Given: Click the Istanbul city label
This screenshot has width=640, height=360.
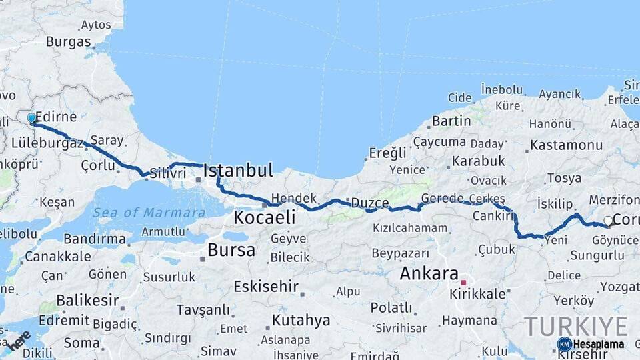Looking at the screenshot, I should coord(238,171).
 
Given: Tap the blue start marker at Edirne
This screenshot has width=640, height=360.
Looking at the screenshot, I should coord(31,119).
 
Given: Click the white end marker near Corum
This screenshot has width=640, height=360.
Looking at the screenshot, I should coord(608,221).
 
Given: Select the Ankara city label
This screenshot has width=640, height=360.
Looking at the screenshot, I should coord(429,273).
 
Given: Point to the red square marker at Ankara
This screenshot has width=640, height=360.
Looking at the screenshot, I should coord(463,283).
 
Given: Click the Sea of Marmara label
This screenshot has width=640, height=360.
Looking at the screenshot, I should coord(149,213).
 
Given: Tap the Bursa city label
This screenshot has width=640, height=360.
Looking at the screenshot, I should coord(231,251).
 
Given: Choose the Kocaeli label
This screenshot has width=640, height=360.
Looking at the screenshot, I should coord(265,218).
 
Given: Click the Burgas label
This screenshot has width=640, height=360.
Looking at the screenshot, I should coord(68,42).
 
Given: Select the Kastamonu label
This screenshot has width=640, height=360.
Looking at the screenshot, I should coord(566,145).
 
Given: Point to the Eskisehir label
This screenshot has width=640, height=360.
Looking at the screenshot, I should coord(265,287).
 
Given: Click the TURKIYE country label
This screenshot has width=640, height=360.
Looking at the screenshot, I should coord(576,326).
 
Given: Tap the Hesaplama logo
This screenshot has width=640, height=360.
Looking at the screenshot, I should coord(591,344).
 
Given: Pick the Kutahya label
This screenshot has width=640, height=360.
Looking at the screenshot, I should coord(301,320).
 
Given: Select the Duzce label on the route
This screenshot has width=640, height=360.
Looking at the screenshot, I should coord(370,203).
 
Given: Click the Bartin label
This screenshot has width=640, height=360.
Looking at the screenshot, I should coord(451,121).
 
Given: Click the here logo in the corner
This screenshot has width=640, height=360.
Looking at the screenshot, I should coord(19,340).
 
